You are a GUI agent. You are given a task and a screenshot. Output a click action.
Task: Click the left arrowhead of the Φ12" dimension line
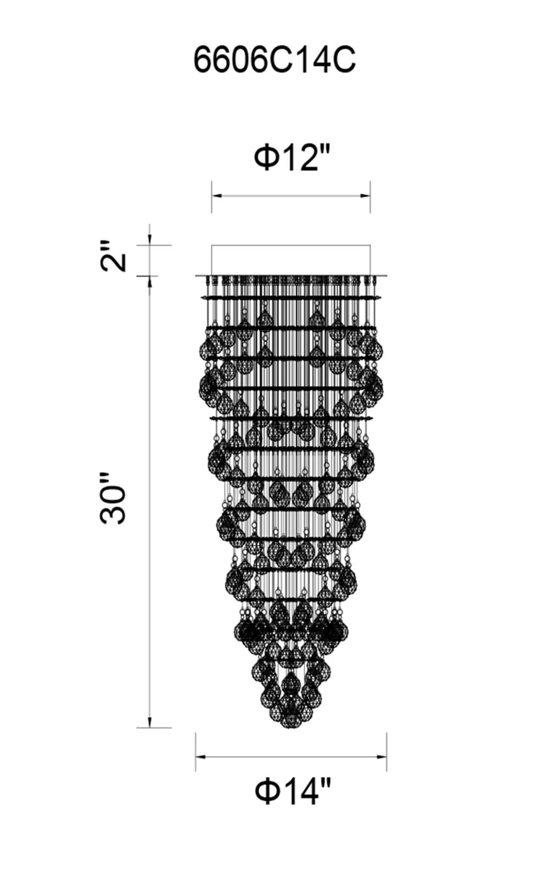coord(217,195)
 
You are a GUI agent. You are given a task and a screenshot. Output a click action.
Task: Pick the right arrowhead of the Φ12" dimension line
coord(365,195)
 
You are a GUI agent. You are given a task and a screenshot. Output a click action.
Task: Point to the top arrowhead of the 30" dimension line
coord(149,282)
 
